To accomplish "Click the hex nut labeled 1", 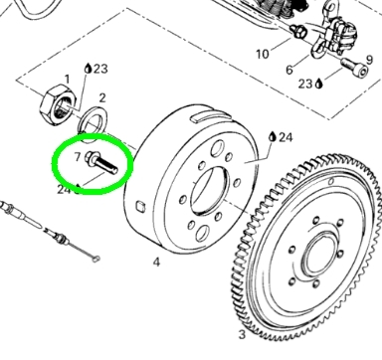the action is (58, 104).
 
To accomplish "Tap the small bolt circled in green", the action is (101, 161).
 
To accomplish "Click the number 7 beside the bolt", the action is (78, 157).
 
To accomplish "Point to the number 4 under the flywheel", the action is (156, 262).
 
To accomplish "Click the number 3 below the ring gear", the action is (242, 334).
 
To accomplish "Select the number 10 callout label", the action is (263, 54).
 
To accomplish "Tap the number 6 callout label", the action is (289, 70).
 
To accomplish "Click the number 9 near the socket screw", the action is (370, 60).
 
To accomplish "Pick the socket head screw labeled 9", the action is (354, 67).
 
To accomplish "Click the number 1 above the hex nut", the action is (68, 80).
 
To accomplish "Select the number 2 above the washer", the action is (102, 97).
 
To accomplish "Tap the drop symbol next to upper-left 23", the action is (88, 68).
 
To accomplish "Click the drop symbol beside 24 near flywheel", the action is (273, 136).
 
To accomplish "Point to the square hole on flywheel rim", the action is (140, 206).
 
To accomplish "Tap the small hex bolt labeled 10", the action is (298, 31).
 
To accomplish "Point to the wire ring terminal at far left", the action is (95, 259).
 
